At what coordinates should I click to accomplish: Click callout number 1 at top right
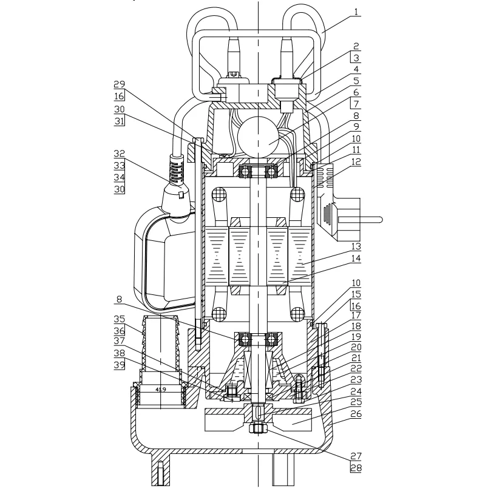click(x=356, y=12)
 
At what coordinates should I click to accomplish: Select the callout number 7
click(x=356, y=104)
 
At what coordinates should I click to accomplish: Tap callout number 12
click(x=356, y=162)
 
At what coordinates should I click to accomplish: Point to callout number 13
click(x=356, y=246)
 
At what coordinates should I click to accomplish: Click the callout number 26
click(x=356, y=414)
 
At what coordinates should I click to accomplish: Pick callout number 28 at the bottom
click(x=356, y=468)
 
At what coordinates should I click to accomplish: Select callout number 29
click(x=120, y=84)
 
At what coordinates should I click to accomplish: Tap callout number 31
click(x=120, y=121)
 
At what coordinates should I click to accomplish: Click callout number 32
click(x=120, y=154)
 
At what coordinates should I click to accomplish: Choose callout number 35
click(x=120, y=319)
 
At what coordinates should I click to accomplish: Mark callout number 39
click(x=120, y=365)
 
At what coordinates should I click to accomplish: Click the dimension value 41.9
click(x=161, y=390)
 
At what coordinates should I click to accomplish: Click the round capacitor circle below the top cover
click(x=258, y=137)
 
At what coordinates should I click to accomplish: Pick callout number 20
click(x=356, y=347)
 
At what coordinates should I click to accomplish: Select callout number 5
click(x=356, y=81)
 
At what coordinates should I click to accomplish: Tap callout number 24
click(x=356, y=391)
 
